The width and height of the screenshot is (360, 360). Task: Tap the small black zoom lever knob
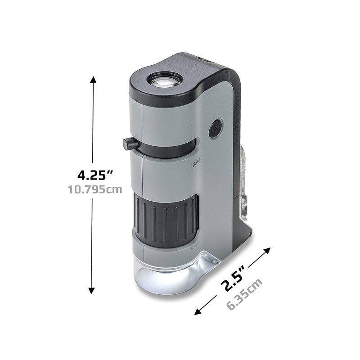click(130, 144)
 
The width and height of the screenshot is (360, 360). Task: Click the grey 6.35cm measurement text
click(244, 295)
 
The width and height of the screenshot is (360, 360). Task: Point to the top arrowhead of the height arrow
click(93, 80)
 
